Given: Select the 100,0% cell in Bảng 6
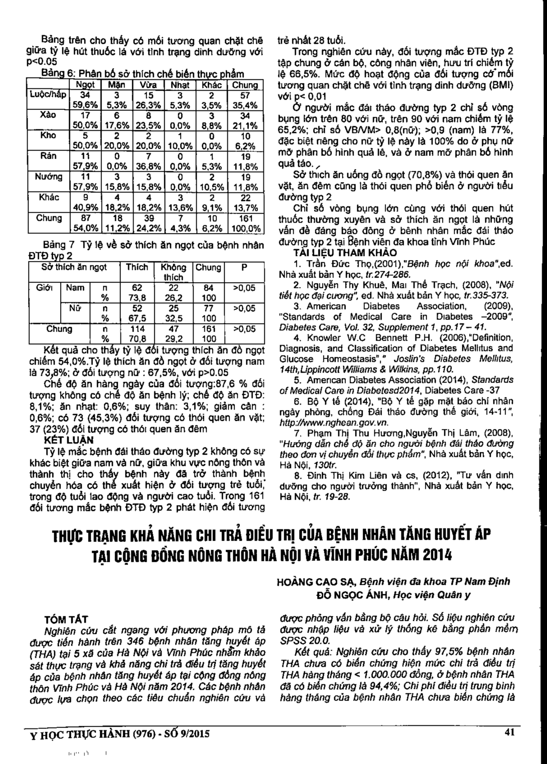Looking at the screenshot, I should point(246,228).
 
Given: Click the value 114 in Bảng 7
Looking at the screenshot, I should point(137,329).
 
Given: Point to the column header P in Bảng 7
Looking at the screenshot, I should point(244,268).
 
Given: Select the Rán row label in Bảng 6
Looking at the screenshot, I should point(49,156).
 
